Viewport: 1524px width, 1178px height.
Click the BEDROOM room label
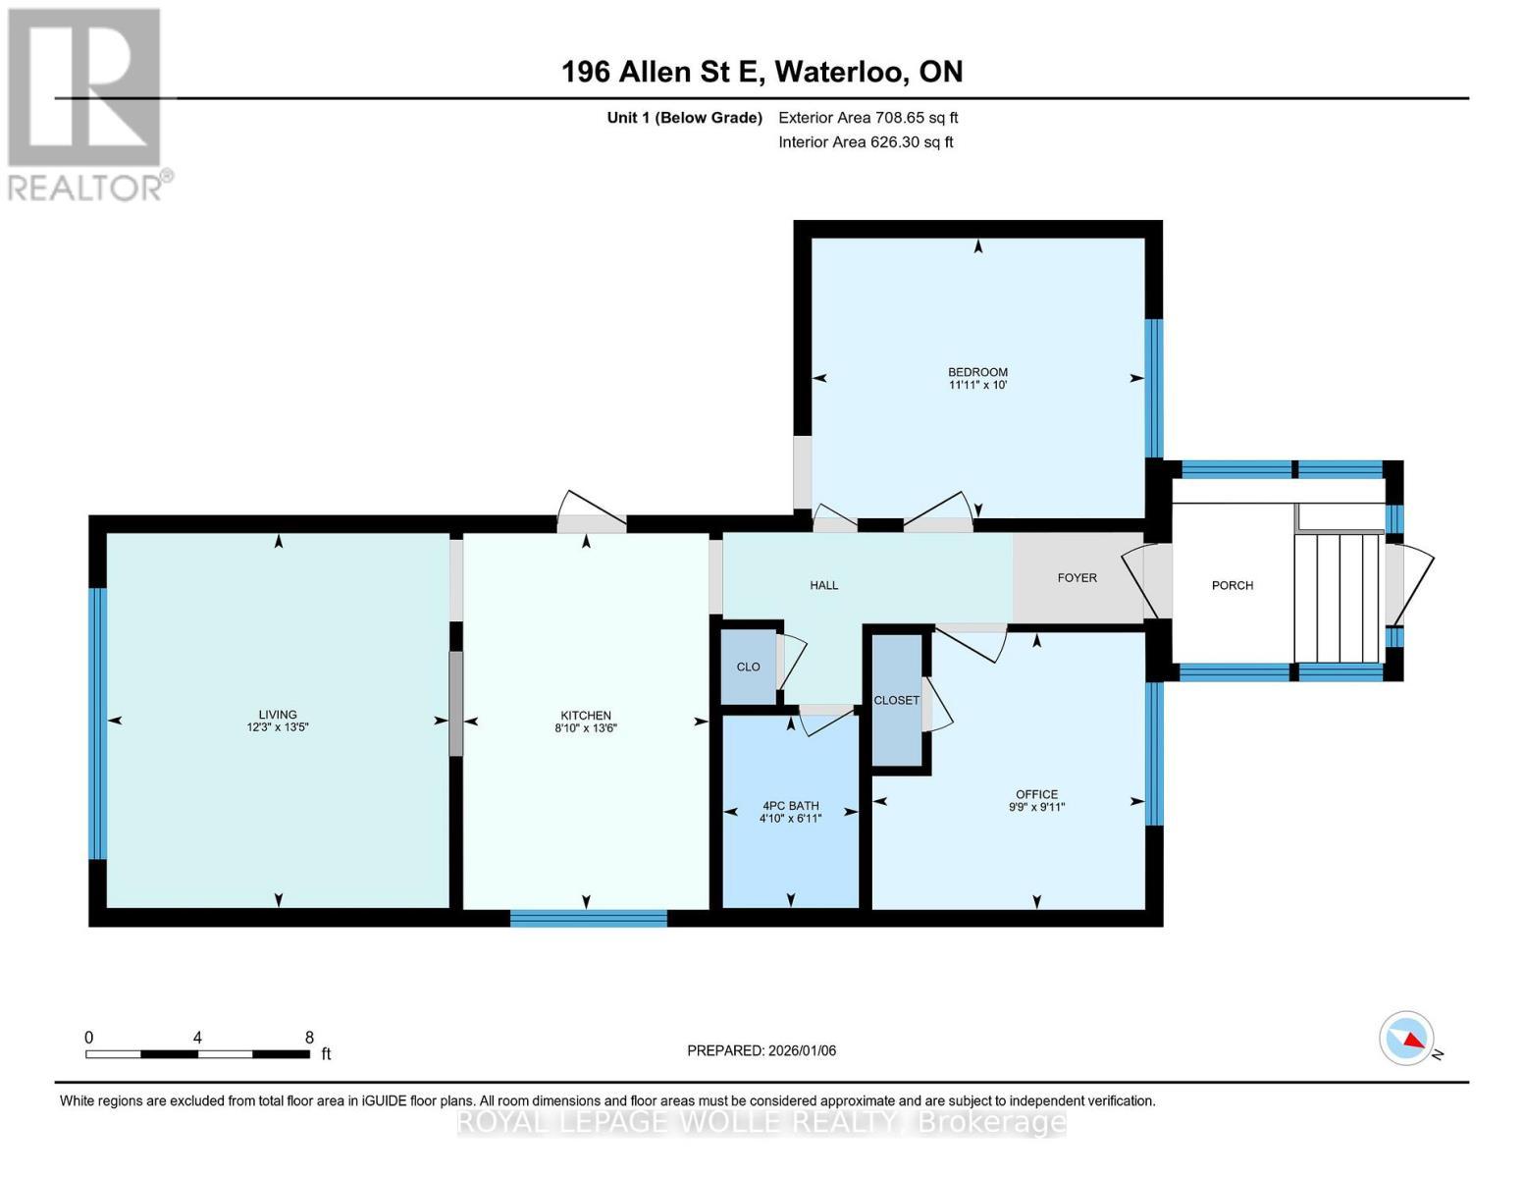click(977, 372)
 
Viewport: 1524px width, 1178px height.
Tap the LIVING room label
click(278, 715)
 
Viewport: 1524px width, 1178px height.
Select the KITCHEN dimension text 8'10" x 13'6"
click(586, 728)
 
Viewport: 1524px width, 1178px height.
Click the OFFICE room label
click(1036, 794)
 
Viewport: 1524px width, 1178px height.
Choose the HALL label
click(823, 585)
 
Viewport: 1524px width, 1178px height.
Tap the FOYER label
click(1077, 578)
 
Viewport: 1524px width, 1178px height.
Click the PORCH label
click(1232, 585)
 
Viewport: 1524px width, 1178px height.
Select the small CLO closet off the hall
click(748, 667)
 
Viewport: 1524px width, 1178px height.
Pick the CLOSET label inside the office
click(897, 700)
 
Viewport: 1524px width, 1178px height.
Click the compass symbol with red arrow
click(1407, 1039)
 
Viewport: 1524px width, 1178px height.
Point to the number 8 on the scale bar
click(309, 1038)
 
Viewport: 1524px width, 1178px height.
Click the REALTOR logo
click(86, 103)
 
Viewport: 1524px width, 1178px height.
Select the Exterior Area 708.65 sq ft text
click(867, 118)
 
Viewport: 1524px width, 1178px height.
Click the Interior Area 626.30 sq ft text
click(866, 142)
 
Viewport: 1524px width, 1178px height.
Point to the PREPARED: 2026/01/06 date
click(762, 1050)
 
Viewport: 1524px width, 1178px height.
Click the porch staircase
click(1339, 598)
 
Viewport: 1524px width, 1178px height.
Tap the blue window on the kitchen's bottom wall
click(588, 919)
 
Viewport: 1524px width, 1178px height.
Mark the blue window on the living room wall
click(96, 723)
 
